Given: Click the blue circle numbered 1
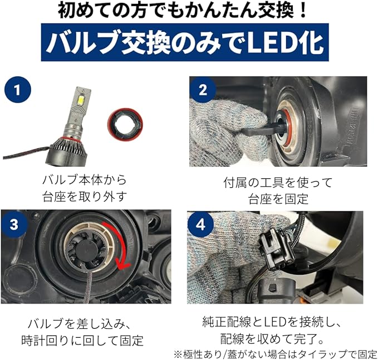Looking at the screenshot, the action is [18, 90].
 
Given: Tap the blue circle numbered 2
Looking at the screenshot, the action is [203, 90].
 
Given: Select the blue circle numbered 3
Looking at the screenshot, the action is [14, 224].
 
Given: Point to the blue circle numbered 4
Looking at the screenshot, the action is [200, 225].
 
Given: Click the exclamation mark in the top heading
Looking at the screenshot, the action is [302, 10].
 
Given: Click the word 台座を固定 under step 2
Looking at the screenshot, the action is [278, 199].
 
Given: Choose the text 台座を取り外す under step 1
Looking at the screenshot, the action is [85, 197].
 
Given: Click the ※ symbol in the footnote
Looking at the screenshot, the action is [178, 354].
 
